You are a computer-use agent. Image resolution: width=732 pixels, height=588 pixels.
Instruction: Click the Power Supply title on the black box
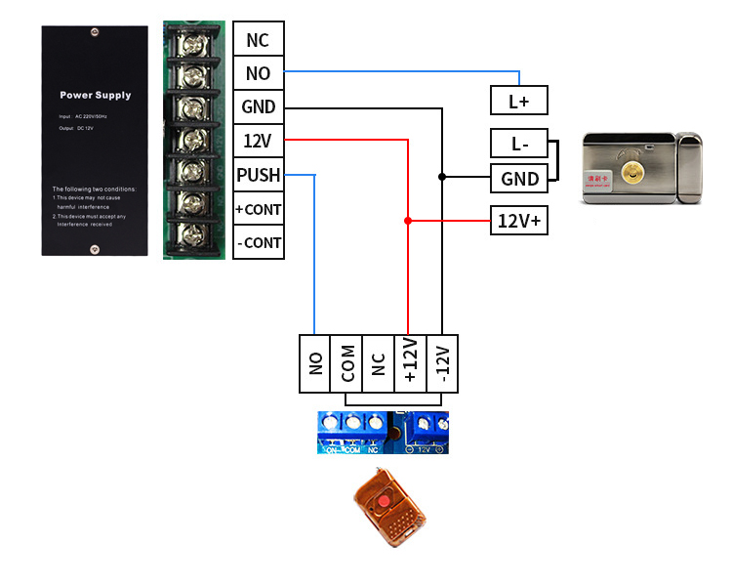click(x=95, y=96)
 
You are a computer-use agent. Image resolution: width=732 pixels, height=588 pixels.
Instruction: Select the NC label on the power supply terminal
click(x=258, y=41)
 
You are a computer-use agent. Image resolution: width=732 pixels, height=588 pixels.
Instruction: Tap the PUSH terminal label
click(x=258, y=175)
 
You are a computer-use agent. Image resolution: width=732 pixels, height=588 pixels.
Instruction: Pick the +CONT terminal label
click(x=258, y=209)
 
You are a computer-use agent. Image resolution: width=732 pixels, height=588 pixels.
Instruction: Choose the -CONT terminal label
click(x=258, y=242)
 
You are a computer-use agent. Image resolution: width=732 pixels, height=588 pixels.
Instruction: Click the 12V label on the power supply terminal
click(x=258, y=142)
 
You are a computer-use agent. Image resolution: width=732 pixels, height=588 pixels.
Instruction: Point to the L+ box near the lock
click(x=518, y=101)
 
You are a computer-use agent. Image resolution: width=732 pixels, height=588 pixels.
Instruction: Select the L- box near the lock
click(x=518, y=144)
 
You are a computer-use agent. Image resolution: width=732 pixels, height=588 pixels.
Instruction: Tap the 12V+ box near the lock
click(x=518, y=221)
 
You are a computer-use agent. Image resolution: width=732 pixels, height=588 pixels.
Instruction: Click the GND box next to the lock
click(x=518, y=179)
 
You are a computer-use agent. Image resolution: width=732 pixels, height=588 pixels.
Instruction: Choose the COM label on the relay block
click(x=346, y=364)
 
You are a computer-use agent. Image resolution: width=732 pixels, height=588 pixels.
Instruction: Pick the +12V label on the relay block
click(x=410, y=364)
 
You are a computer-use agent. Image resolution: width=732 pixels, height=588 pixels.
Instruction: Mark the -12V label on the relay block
click(x=441, y=364)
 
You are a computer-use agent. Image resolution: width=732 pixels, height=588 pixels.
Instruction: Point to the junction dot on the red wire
click(x=408, y=221)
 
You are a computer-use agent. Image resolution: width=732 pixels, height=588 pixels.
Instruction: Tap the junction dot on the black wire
click(x=441, y=177)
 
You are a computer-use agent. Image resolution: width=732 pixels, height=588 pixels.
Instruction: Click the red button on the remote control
click(x=385, y=502)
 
